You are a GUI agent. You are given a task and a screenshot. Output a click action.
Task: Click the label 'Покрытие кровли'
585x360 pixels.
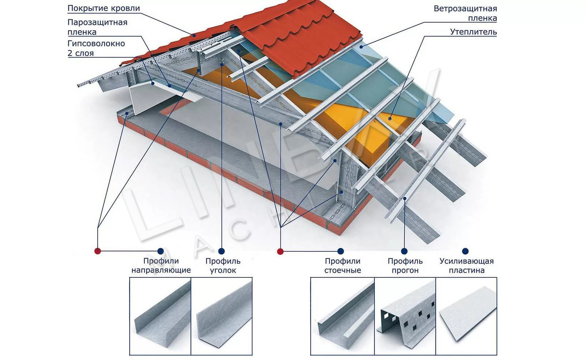103,8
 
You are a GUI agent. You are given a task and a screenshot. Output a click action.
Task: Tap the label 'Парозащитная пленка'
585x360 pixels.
97,27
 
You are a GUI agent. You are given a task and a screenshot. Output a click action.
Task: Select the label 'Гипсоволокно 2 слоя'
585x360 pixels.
96,48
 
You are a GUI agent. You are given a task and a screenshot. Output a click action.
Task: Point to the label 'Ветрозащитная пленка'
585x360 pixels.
465,13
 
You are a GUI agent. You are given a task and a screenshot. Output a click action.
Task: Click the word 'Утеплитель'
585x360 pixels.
473,32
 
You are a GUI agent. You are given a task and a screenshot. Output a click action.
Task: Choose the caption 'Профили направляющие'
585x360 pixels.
161,266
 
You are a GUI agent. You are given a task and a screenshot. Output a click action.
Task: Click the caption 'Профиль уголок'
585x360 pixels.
223,266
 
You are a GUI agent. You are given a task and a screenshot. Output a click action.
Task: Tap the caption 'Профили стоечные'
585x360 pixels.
342,266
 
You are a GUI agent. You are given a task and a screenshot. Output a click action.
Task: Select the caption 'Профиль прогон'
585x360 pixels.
405,266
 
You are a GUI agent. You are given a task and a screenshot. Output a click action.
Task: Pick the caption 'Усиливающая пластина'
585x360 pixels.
467,266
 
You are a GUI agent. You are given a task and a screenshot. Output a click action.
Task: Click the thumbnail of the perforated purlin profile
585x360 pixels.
405,316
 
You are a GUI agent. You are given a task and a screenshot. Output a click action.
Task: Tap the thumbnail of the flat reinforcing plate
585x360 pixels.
467,316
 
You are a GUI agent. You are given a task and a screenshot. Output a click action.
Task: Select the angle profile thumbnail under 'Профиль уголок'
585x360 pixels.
222,316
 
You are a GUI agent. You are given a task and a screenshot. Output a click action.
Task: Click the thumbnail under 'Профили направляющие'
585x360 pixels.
160,316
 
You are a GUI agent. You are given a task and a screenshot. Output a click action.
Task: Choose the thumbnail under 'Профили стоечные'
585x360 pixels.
342,316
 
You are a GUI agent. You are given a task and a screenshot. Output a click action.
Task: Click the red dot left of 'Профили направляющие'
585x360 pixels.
97,251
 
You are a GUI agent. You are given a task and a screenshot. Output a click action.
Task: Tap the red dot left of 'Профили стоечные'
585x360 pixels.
280,251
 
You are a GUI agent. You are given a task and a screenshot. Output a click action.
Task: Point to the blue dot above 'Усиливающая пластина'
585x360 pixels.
465,251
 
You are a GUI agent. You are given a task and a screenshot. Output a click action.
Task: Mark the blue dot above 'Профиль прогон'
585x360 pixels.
404,251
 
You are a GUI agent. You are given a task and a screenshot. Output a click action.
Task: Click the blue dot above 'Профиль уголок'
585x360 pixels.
221,251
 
